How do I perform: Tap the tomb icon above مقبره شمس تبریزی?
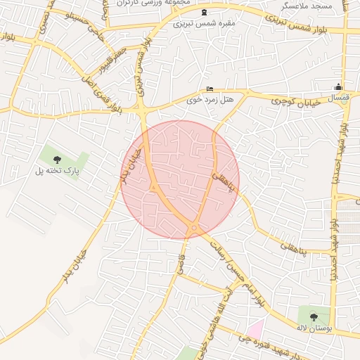pos(205,13)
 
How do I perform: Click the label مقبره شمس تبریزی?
pos(205,24)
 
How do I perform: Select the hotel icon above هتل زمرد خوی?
pos(210,89)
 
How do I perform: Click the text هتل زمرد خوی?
pos(209,100)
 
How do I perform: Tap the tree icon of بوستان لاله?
pos(314,316)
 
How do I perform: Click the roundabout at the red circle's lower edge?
pos(193,228)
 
